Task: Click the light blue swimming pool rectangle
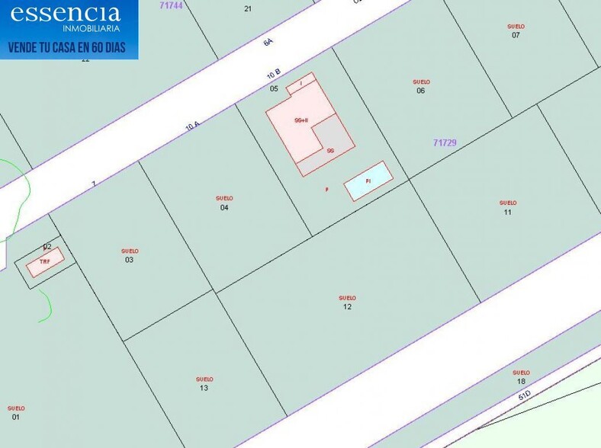(368, 181)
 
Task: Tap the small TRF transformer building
(45, 262)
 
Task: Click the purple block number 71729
(445, 142)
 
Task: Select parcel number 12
(347, 306)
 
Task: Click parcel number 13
(204, 388)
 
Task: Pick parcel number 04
(224, 207)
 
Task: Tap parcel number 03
(130, 260)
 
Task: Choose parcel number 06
(421, 91)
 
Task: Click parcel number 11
(508, 212)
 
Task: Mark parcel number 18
(521, 381)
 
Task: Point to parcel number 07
(516, 35)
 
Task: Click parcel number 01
(16, 417)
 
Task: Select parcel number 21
(248, 8)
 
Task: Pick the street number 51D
(524, 396)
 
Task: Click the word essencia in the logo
(66, 13)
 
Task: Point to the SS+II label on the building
(301, 120)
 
